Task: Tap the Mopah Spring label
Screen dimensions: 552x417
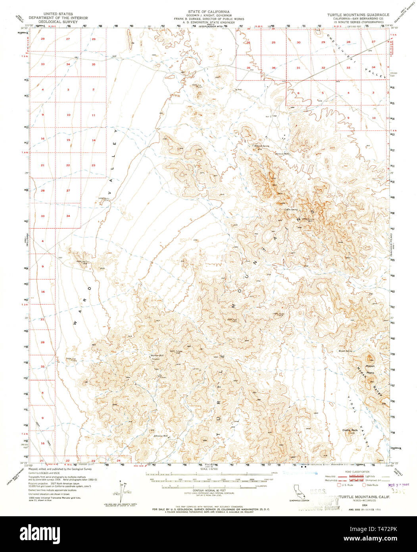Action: click(x=346, y=351)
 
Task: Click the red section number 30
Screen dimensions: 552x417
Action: click(x=298, y=42)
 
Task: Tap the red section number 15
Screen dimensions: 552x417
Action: click(x=68, y=140)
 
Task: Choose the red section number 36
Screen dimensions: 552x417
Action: click(x=274, y=68)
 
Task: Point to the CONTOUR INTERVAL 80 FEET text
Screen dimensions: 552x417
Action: click(x=208, y=491)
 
